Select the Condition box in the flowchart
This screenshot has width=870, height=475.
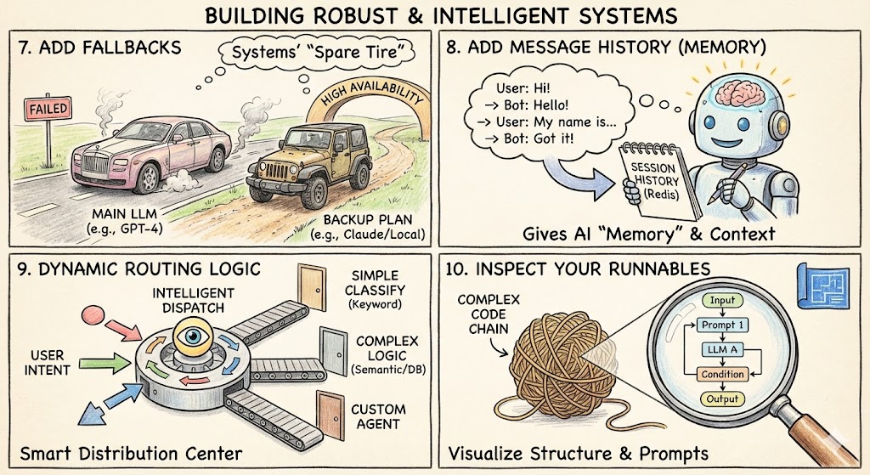pos(722,374)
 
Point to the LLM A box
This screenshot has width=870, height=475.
pos(721,349)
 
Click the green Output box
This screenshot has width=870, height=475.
pos(721,399)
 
